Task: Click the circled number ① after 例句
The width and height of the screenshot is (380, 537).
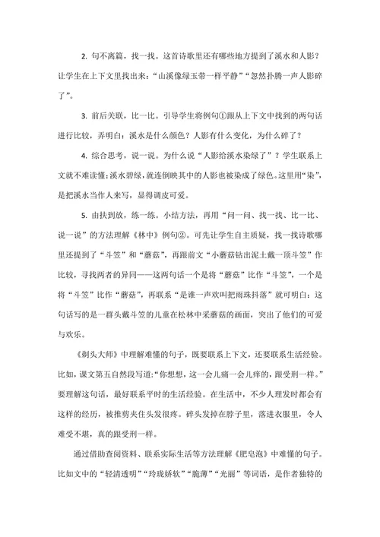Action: coord(232,116)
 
